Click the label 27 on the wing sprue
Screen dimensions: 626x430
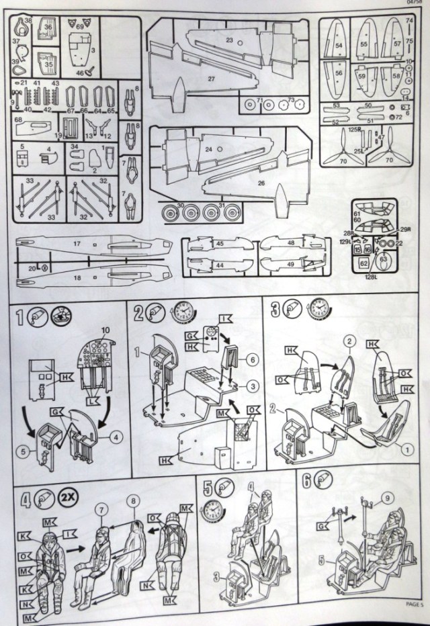pyautogui.click(x=211, y=79)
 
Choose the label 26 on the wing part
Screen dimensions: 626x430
pyautogui.click(x=261, y=182)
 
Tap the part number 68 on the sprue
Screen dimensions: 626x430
pyautogui.click(x=19, y=120)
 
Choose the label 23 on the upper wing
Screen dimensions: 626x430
pyautogui.click(x=228, y=40)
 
